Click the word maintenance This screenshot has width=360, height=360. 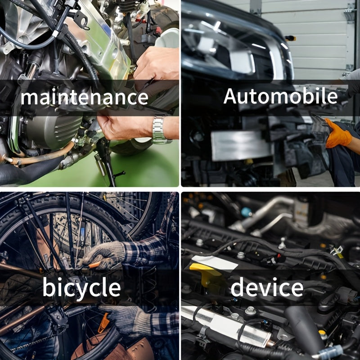(84, 97)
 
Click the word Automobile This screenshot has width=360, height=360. (280, 96)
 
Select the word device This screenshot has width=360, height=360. (267, 287)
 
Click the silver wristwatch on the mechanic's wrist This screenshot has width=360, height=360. (160, 130)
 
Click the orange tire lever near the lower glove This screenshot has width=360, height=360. (104, 323)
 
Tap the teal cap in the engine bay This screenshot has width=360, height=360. (246, 212)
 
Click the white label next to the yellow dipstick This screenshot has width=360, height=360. (215, 262)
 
